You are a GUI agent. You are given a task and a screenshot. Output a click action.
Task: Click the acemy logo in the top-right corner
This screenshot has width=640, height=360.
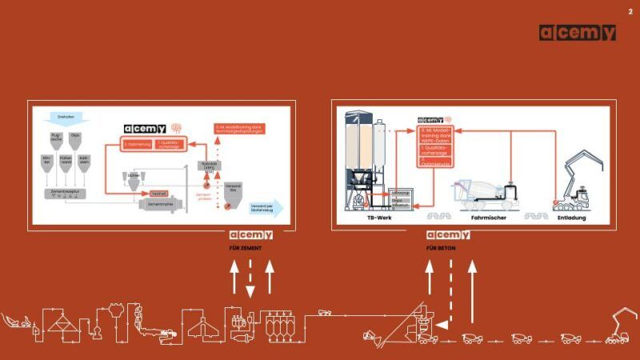coord(577,33)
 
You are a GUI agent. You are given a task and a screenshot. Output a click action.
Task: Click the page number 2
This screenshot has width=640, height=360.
coord(630,10)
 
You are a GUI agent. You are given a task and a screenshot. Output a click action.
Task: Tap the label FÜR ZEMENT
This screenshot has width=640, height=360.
coord(246,248)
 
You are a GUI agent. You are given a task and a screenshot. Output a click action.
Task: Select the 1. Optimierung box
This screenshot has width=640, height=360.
coord(138,144)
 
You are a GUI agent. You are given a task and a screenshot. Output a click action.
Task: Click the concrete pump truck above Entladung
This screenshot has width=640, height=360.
coord(576,184)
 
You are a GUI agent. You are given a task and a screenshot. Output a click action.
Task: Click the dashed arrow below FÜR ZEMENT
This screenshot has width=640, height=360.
coord(250,280)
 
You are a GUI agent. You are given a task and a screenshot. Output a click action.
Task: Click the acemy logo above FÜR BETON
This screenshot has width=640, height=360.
coord(448,234)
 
